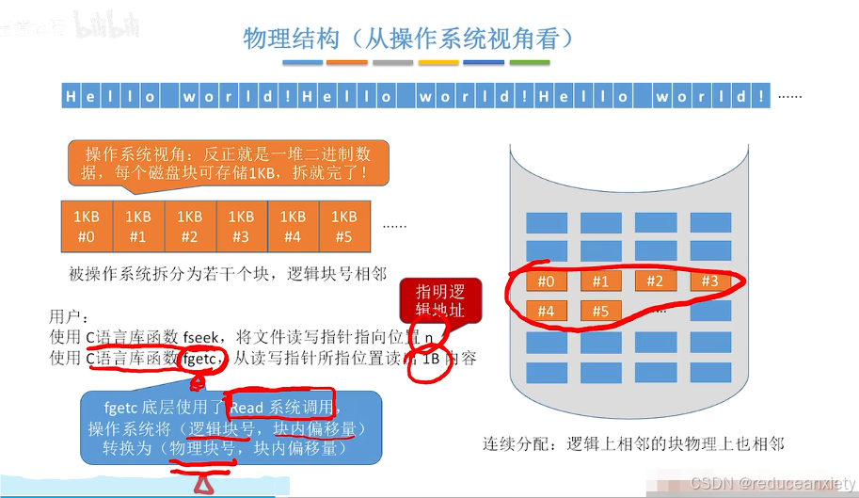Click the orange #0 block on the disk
(x=546, y=281)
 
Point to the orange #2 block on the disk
(x=656, y=281)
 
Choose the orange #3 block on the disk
(x=710, y=281)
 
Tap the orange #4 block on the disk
(x=546, y=311)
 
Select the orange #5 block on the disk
(x=601, y=311)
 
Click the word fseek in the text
(x=203, y=337)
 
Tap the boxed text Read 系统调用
(x=281, y=408)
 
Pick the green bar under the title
(x=529, y=63)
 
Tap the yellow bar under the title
(x=437, y=63)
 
